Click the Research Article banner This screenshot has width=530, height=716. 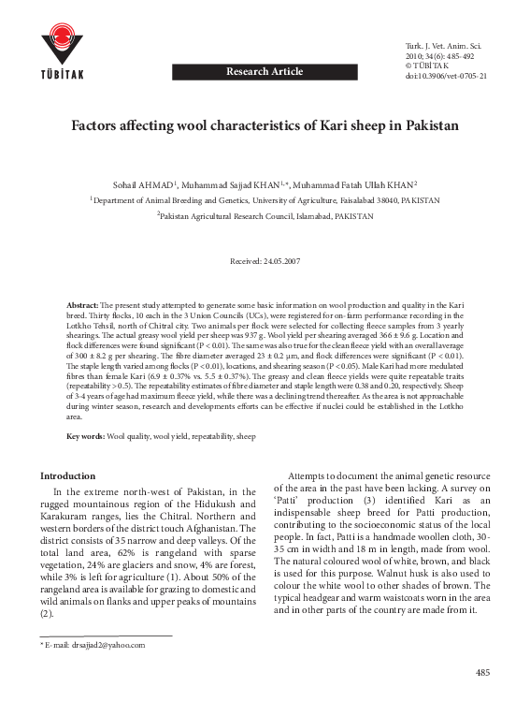tap(265, 71)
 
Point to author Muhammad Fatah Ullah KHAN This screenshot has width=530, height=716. tap(359, 184)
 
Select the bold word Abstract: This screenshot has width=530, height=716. tap(82, 306)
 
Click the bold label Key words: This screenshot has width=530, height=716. tap(86, 437)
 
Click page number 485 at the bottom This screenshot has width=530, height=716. tap(482, 673)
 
